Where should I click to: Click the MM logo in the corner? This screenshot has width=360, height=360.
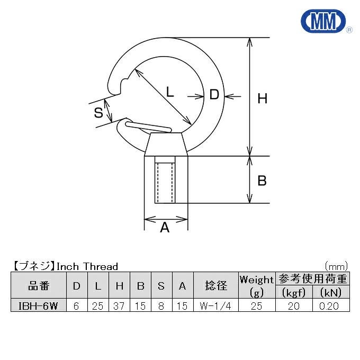pos(323,21)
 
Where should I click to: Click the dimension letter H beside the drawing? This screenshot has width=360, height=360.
pos(262,98)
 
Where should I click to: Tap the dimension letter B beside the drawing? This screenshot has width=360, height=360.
pos(262,181)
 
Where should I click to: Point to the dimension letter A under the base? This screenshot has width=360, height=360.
pos(165,227)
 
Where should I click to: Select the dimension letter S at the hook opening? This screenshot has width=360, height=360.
pos(98,113)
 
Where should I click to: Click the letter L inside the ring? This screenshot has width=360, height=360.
pos(169,92)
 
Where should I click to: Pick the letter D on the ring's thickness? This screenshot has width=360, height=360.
pos(214,94)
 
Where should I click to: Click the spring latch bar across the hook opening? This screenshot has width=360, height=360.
pos(148,127)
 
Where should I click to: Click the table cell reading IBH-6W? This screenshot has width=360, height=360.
pos(38,306)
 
